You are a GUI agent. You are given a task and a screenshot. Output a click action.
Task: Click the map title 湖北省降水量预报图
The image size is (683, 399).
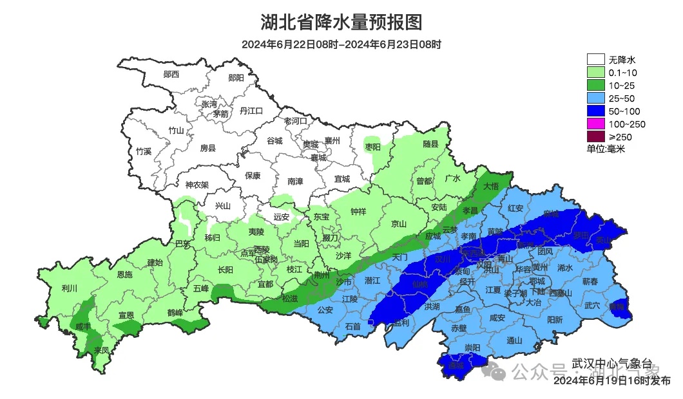[341, 22]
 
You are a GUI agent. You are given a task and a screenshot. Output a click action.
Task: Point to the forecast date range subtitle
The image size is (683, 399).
[341, 44]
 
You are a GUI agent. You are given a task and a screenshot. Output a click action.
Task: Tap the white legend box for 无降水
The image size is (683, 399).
[595, 60]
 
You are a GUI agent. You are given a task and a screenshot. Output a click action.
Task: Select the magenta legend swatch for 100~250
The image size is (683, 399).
[595, 124]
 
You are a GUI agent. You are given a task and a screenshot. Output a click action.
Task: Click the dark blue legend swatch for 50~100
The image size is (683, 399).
[595, 111]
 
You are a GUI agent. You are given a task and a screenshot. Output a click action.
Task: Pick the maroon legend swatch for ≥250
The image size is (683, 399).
[595, 136]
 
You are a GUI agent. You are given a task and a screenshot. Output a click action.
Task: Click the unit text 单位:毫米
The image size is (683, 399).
[606, 149]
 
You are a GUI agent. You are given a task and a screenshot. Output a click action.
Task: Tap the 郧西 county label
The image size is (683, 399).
[171, 74]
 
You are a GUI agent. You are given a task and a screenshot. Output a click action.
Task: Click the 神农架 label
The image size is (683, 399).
[197, 185]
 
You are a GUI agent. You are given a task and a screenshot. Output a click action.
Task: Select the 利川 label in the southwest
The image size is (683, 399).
[69, 288]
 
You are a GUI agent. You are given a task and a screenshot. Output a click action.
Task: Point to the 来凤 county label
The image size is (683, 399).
[101, 350]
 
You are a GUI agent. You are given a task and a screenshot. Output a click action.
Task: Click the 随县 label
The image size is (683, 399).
[430, 145]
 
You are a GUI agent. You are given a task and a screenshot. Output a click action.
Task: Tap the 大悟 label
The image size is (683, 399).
[490, 186]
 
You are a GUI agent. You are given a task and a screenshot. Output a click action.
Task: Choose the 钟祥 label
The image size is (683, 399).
[358, 211]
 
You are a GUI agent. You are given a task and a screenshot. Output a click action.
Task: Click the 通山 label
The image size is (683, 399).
[514, 340]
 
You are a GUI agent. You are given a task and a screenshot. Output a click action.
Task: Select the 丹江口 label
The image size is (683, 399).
[251, 111]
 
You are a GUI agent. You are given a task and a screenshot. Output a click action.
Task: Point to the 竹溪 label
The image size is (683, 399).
[143, 152]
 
